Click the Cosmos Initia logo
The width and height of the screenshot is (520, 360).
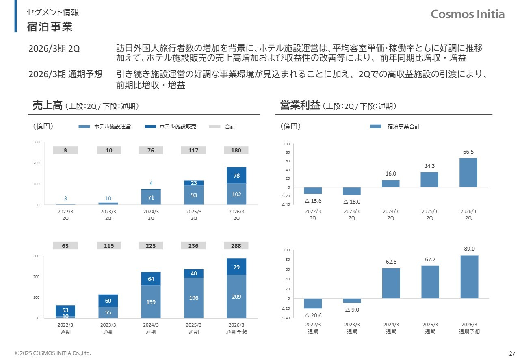point(468,14)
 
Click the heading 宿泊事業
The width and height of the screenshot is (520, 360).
point(50,27)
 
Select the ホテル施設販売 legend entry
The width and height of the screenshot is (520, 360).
point(171,127)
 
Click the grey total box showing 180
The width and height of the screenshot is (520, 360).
point(236,150)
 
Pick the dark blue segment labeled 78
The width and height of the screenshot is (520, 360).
point(236,175)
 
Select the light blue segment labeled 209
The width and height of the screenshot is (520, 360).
point(236,297)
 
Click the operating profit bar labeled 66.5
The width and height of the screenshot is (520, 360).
point(468,172)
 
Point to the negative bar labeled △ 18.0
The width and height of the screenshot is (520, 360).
point(352,191)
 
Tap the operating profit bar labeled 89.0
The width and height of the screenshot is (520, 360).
point(469,277)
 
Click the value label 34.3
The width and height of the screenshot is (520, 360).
point(429,166)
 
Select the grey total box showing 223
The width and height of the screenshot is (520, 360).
point(151,246)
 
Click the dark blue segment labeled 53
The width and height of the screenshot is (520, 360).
point(65,310)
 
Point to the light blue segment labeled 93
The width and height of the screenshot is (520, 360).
point(194,195)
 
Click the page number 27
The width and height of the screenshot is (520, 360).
point(512,353)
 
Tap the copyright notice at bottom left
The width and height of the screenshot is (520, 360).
point(53,353)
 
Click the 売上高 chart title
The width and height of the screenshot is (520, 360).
point(47,106)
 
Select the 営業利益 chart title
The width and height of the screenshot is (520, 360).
point(300,106)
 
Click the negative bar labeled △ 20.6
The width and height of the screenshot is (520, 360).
point(313,303)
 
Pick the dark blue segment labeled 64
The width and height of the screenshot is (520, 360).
point(151,279)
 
